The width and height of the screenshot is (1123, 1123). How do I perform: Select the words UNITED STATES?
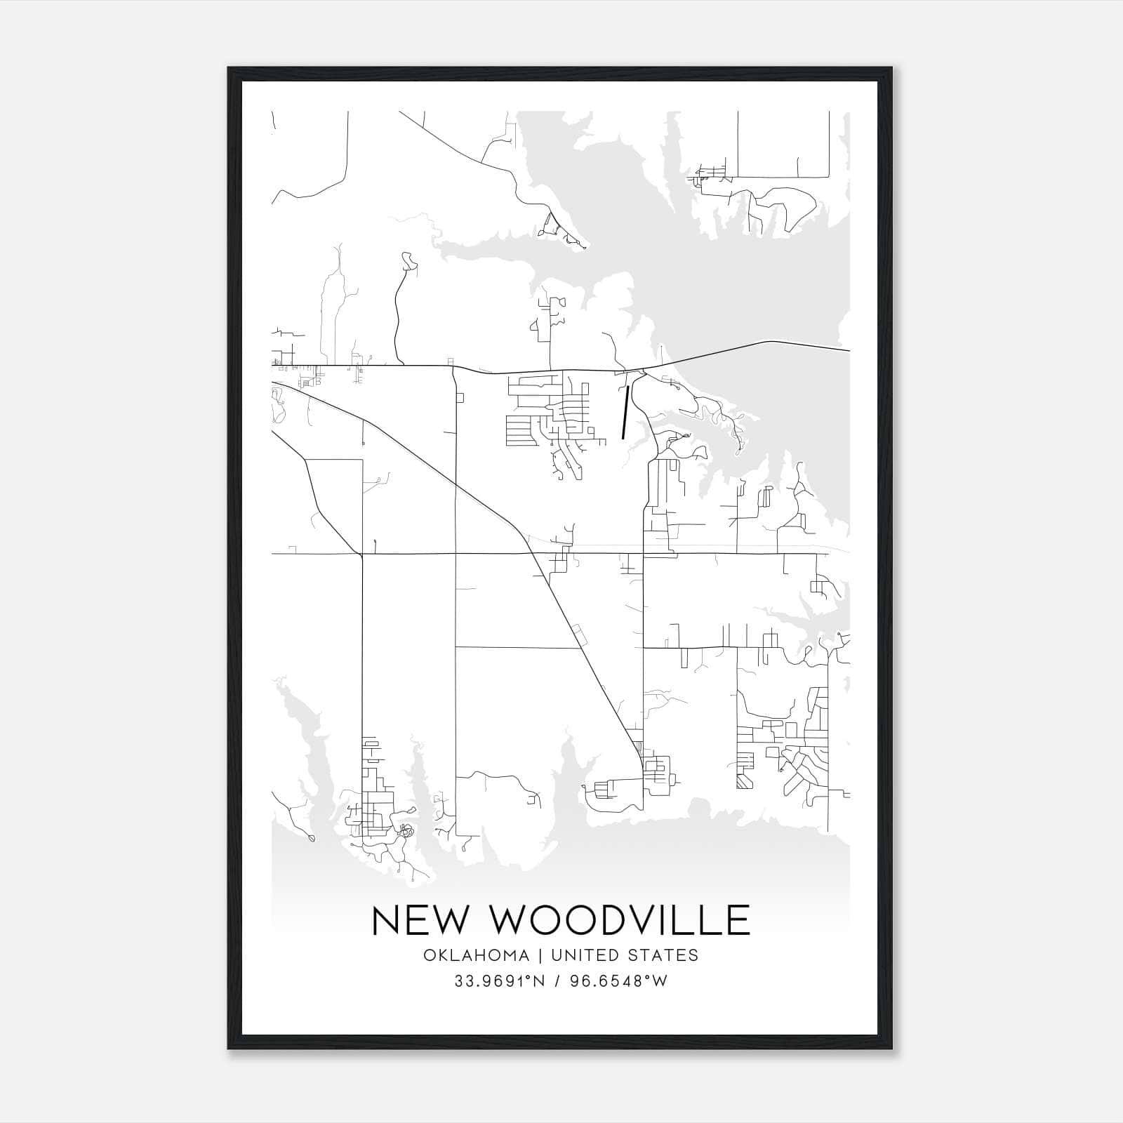click(625, 955)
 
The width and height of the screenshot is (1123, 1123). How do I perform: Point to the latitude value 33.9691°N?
click(500, 981)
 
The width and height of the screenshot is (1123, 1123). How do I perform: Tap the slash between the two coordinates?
click(556, 981)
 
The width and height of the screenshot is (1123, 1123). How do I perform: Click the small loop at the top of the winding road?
click(408, 261)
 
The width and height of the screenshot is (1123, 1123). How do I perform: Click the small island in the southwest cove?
click(311, 837)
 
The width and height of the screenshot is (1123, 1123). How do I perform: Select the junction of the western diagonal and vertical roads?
click(361, 554)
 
